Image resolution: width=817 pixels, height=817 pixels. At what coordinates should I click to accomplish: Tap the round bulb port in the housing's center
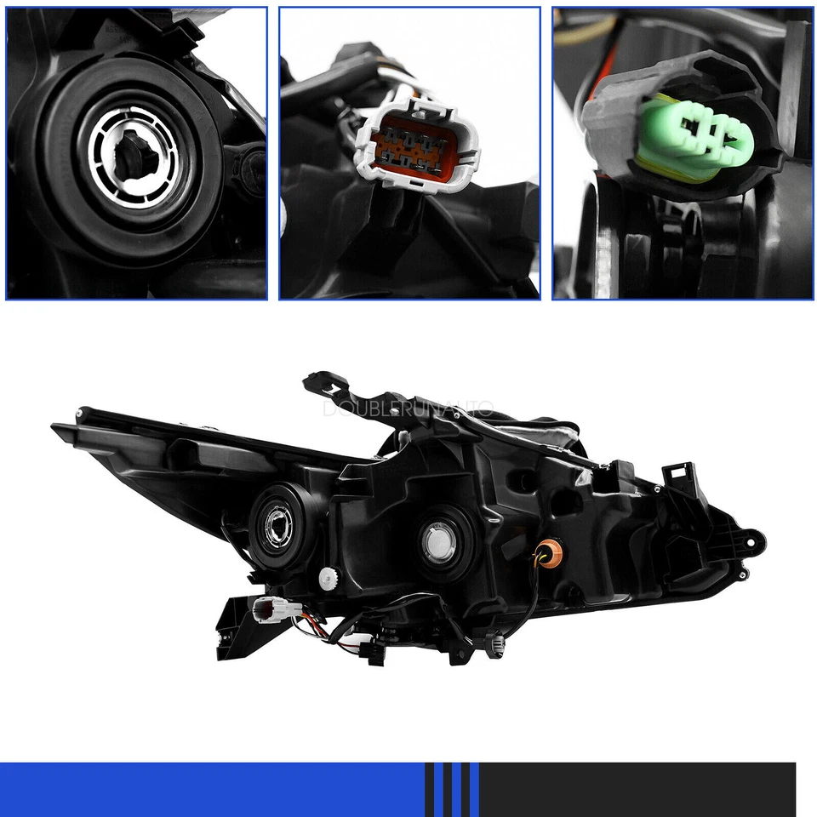(x=443, y=539)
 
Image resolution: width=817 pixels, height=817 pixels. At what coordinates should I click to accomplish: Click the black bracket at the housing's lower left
(x=231, y=628)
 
